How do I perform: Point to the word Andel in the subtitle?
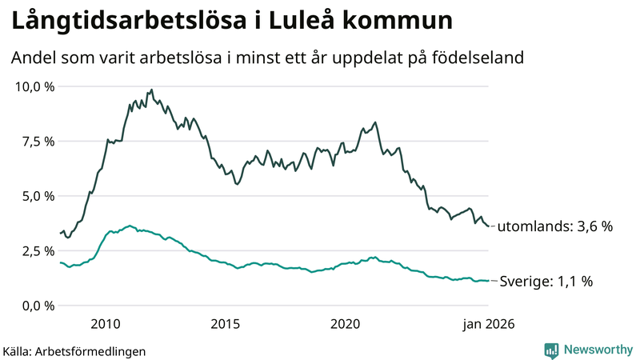coord(33,58)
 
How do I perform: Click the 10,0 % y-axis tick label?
coord(34,86)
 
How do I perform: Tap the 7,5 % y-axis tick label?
coord(38,141)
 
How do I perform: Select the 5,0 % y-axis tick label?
coord(38,196)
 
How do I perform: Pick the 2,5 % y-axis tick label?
coord(38,250)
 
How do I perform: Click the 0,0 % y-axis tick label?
coord(38,306)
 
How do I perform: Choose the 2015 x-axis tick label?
coord(226,324)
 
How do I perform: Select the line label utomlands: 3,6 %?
coord(555,226)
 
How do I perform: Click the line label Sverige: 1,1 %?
coord(546,282)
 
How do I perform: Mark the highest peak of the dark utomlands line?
coord(151,90)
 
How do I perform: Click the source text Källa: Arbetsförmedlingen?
coord(74,350)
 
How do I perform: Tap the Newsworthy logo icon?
coord(551,350)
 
